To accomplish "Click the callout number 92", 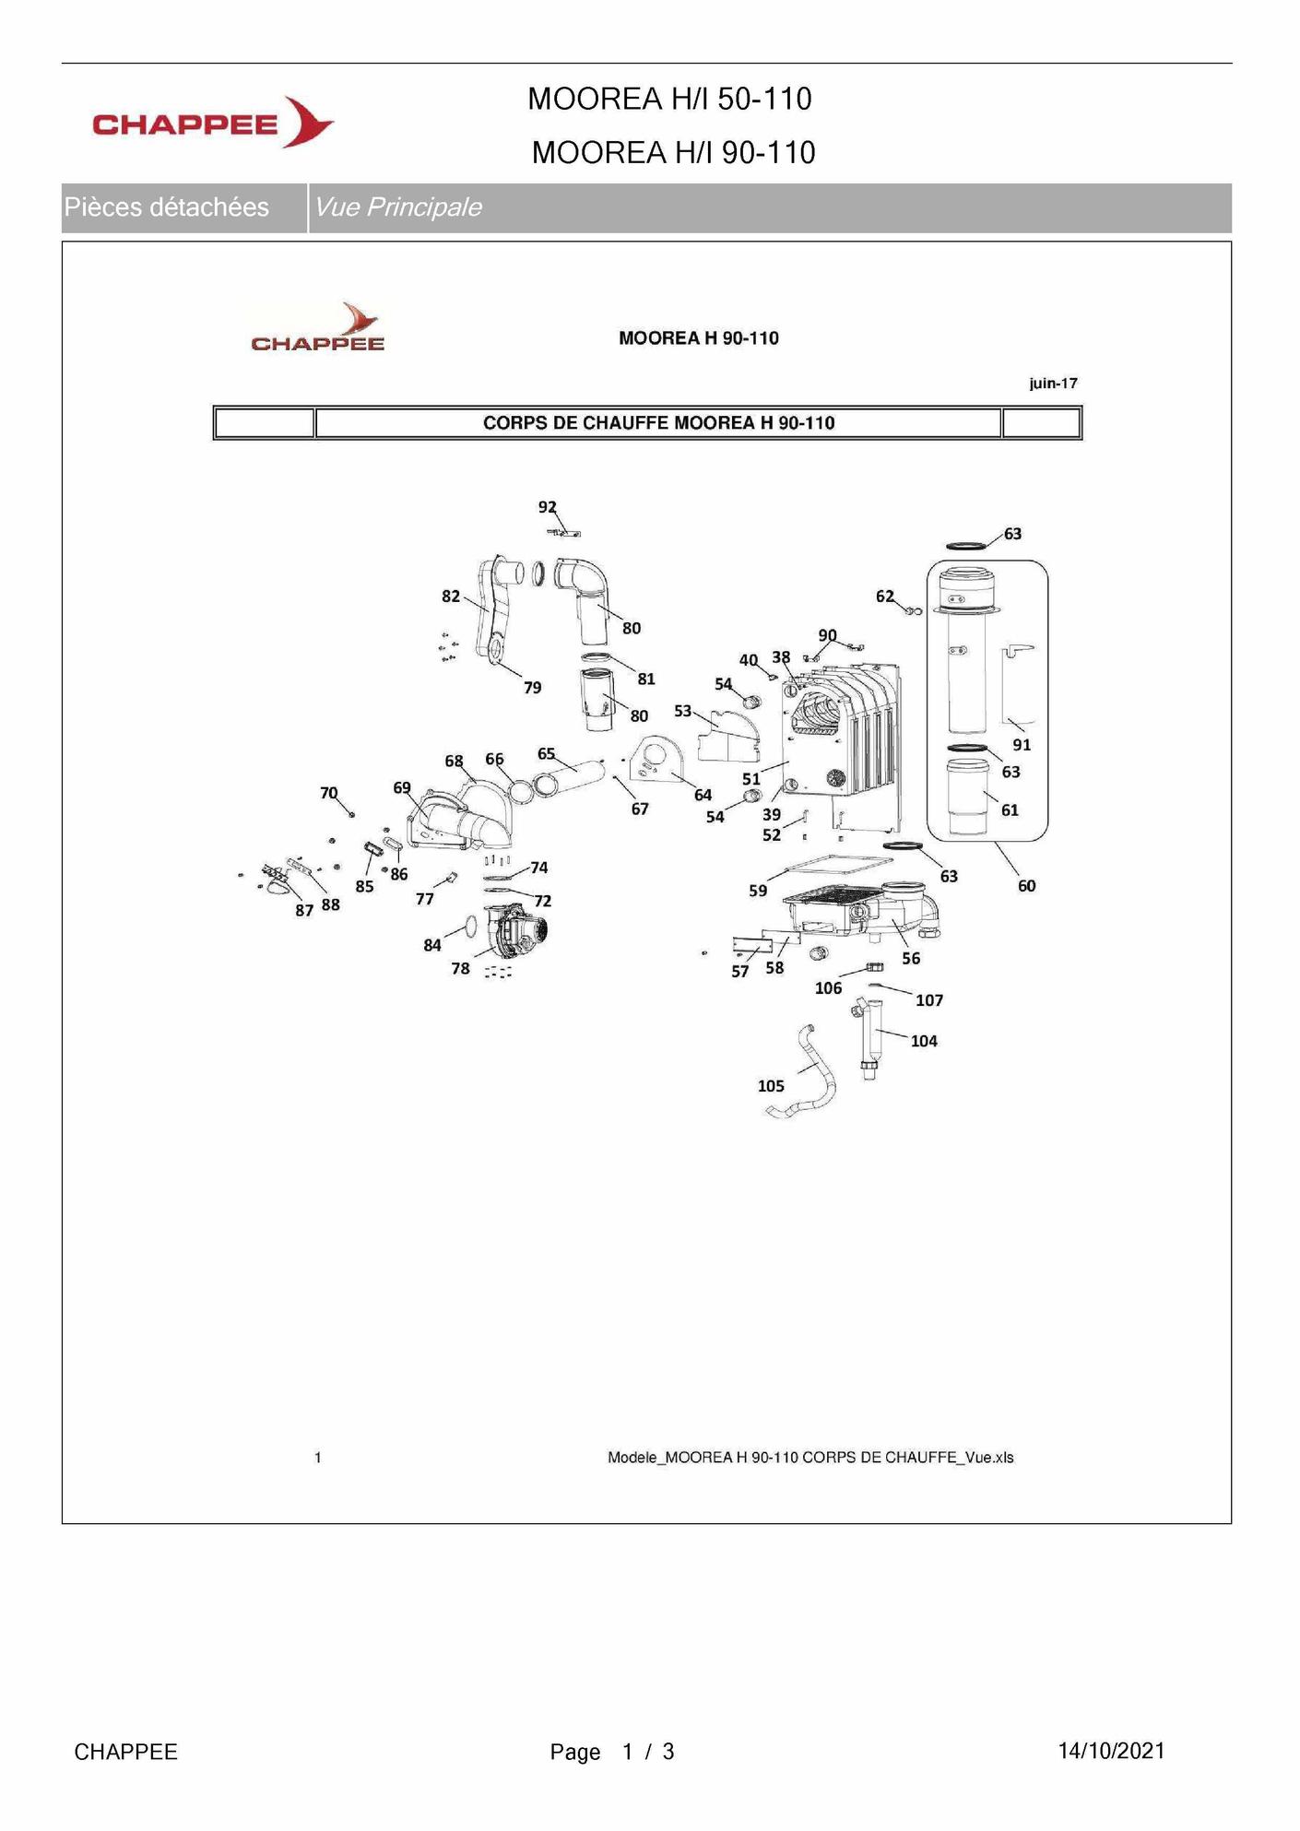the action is pos(548,506).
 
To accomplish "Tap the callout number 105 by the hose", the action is pos(771,1086).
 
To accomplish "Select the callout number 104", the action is pos(924,1041).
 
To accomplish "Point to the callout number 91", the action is pos(1022,744).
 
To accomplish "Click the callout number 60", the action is pos(1026,885).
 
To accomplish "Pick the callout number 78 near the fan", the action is pos(460,968).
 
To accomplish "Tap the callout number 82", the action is pos(451,597).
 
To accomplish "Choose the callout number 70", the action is pos(329,793).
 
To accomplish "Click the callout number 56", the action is pos(911,958).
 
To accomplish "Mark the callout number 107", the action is pos(929,1000).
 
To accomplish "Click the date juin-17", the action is pos(1053,384).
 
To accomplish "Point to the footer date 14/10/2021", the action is pos(1111,1751).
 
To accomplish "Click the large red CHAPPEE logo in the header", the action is pos(213,123).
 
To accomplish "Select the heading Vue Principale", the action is pos(397,207).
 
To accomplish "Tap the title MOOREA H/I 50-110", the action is pos(669,99).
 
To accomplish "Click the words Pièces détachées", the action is pos(167,207).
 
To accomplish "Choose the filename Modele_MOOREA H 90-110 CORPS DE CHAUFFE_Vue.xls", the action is pos(810,1458).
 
